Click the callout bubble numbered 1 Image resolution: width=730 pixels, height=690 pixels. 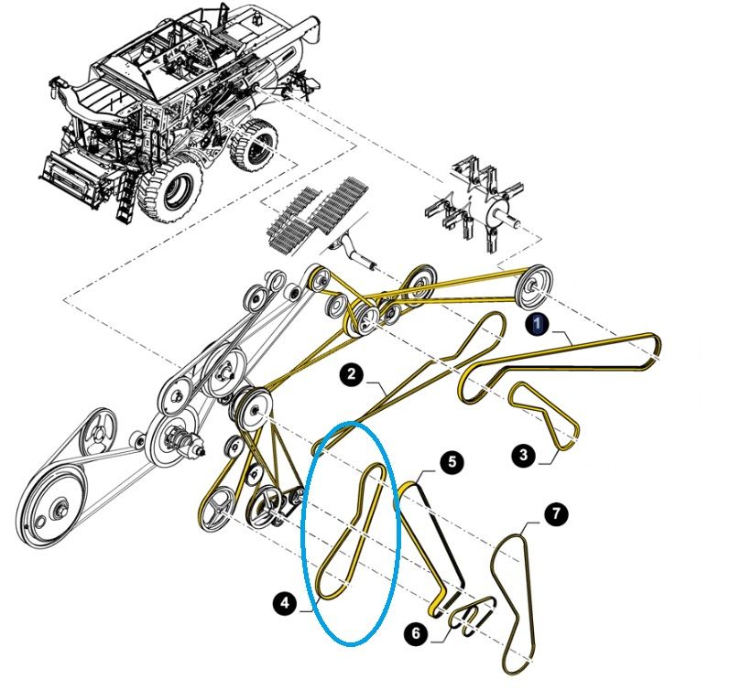pyautogui.click(x=538, y=322)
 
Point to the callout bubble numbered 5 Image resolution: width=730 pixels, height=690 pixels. pyautogui.click(x=451, y=462)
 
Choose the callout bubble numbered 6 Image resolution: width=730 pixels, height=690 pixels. pyautogui.click(x=416, y=631)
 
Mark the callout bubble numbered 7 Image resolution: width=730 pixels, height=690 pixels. pyautogui.click(x=556, y=514)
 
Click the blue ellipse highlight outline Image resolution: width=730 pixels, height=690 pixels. pyautogui.click(x=352, y=425)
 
